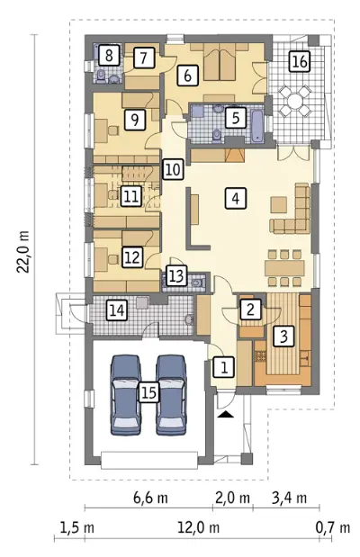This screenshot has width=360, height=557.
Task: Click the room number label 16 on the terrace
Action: coord(300,61)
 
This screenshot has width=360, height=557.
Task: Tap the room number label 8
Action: coord(109,55)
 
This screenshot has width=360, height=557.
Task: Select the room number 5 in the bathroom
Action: coord(236,118)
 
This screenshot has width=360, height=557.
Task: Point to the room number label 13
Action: coord(176,275)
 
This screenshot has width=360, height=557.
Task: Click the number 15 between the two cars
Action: coord(148,392)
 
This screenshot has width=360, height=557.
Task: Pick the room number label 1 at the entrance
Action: coord(224,367)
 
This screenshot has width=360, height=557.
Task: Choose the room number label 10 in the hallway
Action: coord(173,169)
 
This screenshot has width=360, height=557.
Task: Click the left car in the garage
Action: coord(126,395)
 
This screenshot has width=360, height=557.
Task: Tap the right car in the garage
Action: coord(171,395)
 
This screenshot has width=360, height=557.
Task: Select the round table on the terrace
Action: coord(294,102)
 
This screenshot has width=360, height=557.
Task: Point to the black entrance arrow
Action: coord(227,414)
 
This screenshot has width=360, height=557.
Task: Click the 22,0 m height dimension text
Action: coord(23,251)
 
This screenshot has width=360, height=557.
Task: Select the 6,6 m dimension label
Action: coord(150,498)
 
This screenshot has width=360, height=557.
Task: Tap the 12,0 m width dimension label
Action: coord(198,527)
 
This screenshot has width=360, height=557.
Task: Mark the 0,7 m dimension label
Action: coord(333,527)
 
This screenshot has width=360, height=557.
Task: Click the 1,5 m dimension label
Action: coord(77,527)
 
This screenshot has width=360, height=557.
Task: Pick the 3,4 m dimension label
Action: coord(289,498)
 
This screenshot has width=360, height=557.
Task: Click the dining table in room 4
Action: coord(284,268)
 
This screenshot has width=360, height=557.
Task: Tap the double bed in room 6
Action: coord(220,64)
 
